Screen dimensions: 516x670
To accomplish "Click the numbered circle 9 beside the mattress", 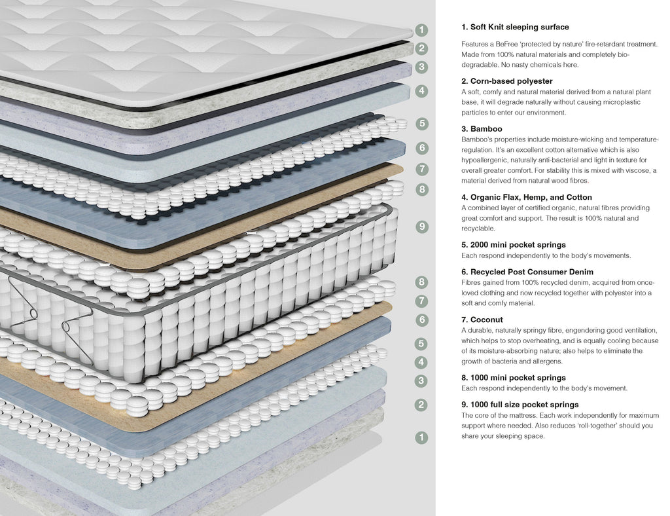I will tap(422, 227).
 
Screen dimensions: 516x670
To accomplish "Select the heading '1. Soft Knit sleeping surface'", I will tap(515, 28).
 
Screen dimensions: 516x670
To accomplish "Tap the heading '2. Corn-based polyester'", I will tap(506, 81).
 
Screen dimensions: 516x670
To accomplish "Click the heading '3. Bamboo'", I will tap(482, 129).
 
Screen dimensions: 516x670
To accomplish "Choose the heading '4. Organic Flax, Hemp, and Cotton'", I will tap(526, 197).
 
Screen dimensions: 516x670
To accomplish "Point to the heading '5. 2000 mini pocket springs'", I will tap(513, 245).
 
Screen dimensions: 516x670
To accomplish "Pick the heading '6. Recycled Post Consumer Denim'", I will tap(527, 272).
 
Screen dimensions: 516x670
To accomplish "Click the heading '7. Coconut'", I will tap(482, 320).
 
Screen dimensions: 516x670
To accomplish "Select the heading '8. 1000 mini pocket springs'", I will tap(513, 378).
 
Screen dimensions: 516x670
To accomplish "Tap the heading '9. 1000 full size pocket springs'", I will tap(520, 405).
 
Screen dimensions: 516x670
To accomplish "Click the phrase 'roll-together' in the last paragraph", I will tap(593, 426).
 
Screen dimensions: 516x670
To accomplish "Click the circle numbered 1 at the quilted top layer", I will tap(422, 30).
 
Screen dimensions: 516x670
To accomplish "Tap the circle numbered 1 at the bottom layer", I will tap(422, 437).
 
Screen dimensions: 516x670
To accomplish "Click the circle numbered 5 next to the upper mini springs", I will tap(422, 123).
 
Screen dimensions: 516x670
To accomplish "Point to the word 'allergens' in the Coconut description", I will tap(549, 361).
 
